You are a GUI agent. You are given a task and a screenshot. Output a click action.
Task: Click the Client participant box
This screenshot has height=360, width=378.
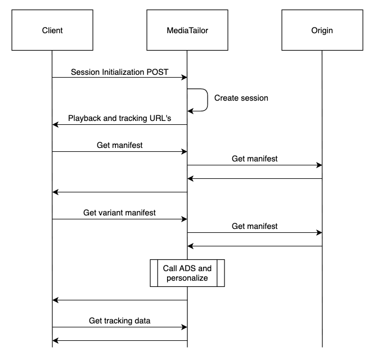52,30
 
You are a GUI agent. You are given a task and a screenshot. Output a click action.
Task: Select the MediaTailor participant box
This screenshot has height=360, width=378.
187,30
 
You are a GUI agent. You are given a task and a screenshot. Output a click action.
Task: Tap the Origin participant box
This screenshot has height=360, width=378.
322,30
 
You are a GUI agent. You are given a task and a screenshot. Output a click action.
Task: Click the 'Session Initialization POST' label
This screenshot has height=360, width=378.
119,73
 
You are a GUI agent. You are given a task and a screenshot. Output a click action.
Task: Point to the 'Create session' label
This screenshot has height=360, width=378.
241,98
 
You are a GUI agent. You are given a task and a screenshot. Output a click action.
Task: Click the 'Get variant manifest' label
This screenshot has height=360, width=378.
119,213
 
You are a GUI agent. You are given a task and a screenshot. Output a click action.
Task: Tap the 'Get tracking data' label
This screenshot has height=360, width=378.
119,321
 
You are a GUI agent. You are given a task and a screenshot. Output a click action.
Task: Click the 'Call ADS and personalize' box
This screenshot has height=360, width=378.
187,273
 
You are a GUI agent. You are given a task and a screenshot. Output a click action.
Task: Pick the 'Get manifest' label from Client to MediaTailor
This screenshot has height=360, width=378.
119,145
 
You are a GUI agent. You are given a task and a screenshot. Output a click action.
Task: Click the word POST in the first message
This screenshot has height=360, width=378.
156,73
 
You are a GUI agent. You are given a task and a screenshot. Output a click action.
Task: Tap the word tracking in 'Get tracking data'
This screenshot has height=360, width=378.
120,321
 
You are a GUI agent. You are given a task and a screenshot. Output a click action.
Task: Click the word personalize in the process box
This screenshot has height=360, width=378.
187,278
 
